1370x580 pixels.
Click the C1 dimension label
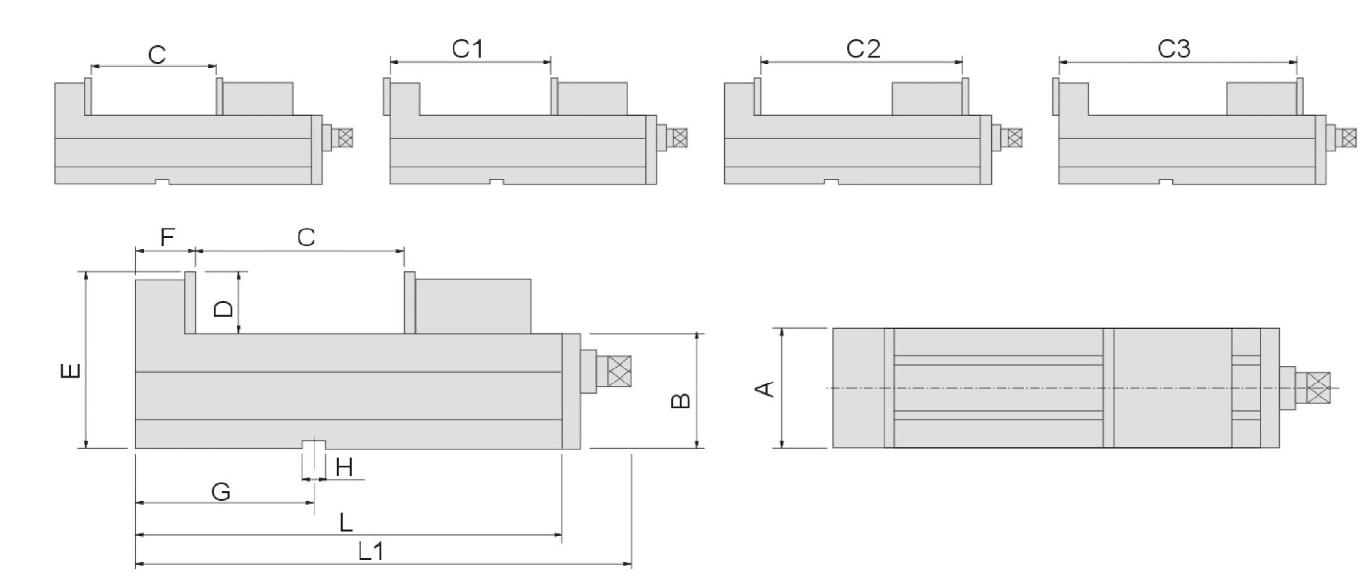(468, 49)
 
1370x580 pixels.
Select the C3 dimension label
(1174, 49)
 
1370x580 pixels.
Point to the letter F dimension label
(168, 237)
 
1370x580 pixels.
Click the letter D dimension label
(223, 308)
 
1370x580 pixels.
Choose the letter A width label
(765, 389)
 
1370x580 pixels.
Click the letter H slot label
(344, 468)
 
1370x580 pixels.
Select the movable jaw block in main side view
(472, 307)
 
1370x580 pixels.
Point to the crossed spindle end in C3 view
(1349, 138)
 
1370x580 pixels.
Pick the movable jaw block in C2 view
(927, 99)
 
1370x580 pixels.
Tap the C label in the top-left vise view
(157, 54)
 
